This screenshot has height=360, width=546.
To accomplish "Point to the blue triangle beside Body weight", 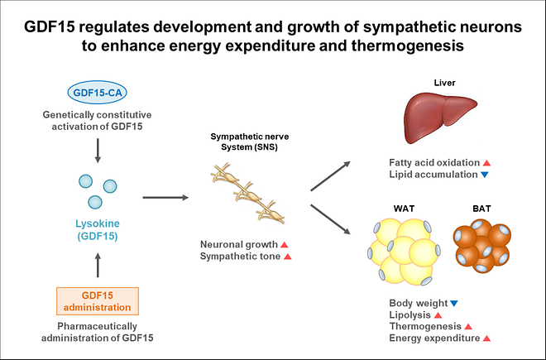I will pyautogui.click(x=454, y=304).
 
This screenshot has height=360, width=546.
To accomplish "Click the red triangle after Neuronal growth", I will pyautogui.click(x=284, y=245).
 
